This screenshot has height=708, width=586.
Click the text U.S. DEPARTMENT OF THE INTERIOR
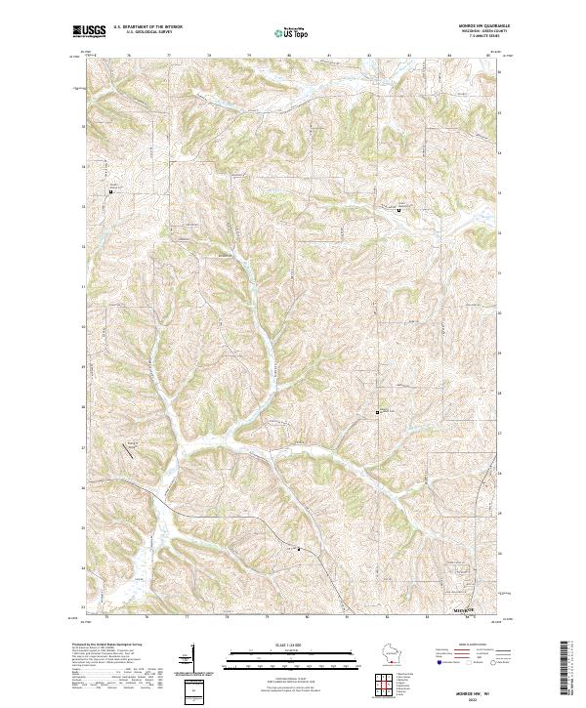click(147, 27)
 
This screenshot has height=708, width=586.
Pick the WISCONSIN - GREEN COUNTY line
click(477, 32)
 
